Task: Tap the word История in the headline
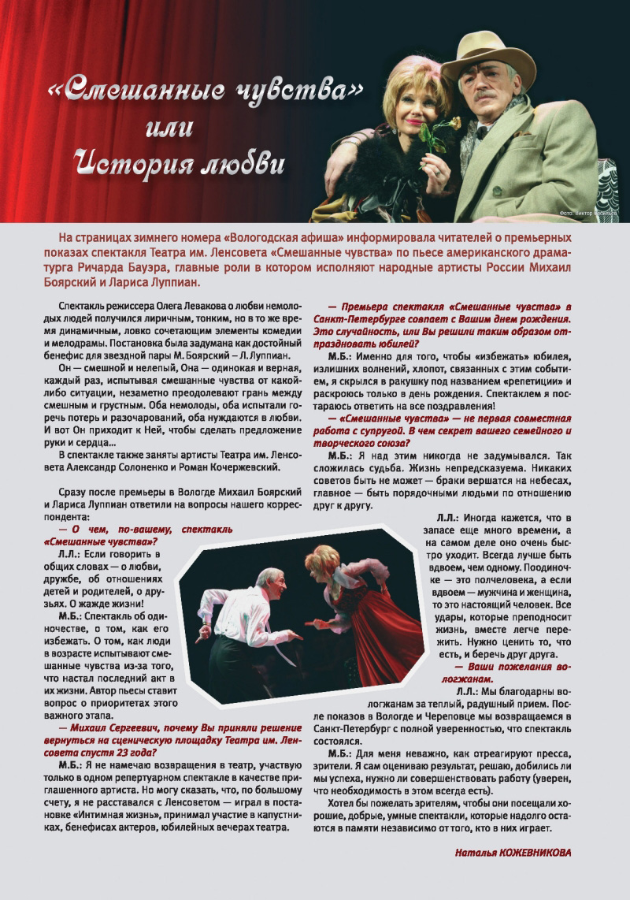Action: [126, 164]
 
